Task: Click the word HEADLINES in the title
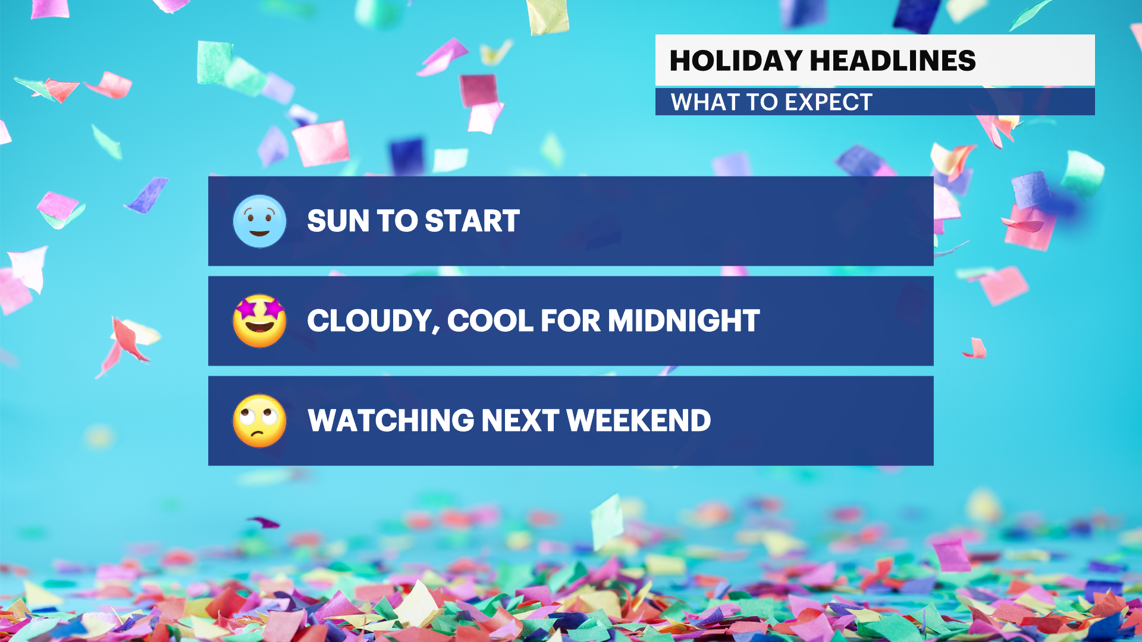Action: click(893, 61)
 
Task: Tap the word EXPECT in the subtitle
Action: click(829, 102)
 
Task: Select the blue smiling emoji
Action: click(259, 221)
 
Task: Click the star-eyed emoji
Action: click(259, 321)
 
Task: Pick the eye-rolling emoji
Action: click(259, 421)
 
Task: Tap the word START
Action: click(472, 221)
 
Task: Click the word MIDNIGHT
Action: click(683, 321)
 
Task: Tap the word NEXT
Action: click(520, 421)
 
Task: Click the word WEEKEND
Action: click(638, 421)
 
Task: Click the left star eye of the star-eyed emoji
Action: click(246, 309)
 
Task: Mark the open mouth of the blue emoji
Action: click(259, 232)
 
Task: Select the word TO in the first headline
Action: click(397, 221)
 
